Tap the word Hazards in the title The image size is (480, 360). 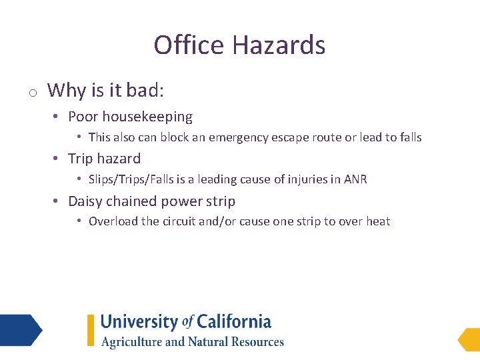coord(279,45)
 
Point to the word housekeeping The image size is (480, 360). coord(147,117)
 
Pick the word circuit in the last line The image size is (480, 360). coord(179,222)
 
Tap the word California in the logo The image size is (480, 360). coord(233,322)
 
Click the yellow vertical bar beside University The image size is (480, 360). coord(91,330)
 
